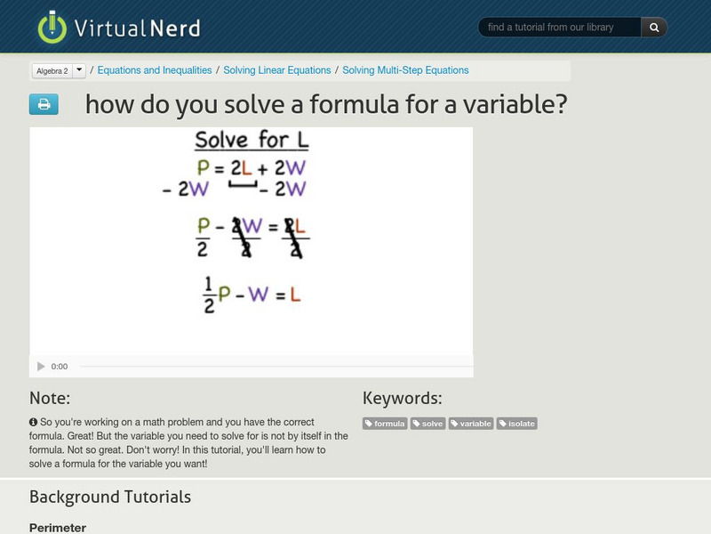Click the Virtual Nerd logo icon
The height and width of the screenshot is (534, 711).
[x=52, y=27]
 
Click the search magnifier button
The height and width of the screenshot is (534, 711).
[x=654, y=28]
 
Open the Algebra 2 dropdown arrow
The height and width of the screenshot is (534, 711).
[x=79, y=70]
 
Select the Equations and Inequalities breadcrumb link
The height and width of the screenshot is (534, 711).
[x=155, y=70]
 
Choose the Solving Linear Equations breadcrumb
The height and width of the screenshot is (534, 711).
[x=277, y=70]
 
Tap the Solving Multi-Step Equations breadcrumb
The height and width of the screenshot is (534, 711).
[x=405, y=70]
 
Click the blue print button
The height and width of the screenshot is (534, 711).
[x=44, y=105]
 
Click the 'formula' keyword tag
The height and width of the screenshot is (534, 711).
[x=385, y=424]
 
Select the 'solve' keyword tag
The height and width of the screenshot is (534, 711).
[x=428, y=424]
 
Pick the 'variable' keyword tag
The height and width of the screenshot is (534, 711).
[x=471, y=424]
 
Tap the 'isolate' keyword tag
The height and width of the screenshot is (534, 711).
[x=517, y=424]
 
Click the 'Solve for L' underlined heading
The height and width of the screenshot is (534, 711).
[x=252, y=141]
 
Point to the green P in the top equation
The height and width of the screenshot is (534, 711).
[x=205, y=167]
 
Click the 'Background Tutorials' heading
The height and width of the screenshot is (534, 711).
[x=110, y=497]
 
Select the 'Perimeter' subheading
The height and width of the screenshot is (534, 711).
[x=58, y=528]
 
